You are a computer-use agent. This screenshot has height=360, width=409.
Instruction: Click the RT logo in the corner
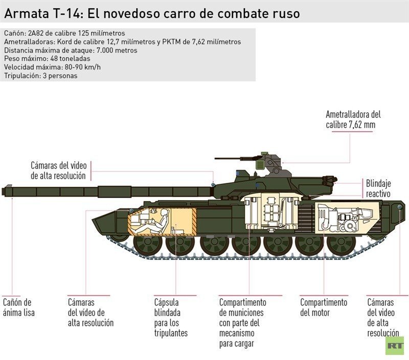(x=394, y=346)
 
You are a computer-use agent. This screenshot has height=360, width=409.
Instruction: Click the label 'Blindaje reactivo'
(x=378, y=188)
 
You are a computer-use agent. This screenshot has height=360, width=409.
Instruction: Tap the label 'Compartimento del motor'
(x=323, y=307)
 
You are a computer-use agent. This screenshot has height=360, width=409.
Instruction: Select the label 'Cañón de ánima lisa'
(x=19, y=307)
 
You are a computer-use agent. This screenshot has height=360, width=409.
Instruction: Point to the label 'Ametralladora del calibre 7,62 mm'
(x=353, y=119)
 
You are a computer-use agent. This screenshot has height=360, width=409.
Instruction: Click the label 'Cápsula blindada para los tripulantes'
(x=171, y=318)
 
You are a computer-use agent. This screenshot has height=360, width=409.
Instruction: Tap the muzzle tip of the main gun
(x=4, y=191)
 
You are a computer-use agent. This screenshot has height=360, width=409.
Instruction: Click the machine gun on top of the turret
(x=240, y=159)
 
